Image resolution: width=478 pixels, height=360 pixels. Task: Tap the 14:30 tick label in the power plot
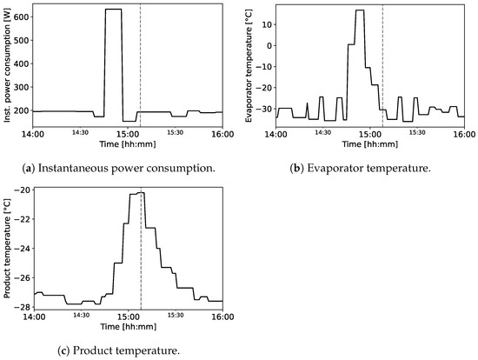[x=81, y=132]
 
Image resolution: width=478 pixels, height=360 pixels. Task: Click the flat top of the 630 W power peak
[x=113, y=10]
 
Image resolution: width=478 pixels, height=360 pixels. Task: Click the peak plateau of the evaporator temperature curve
[x=360, y=10]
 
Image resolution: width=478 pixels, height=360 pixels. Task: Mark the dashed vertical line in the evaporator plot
[x=382, y=70]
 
